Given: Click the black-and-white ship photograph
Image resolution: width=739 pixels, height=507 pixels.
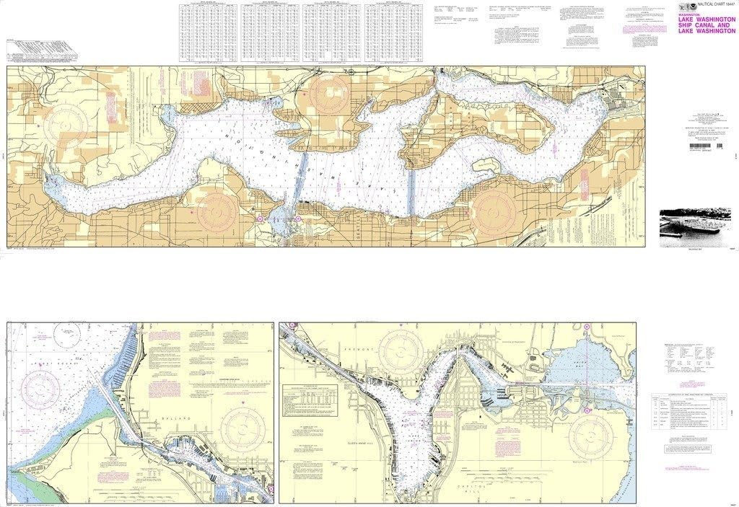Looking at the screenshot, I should click(690, 228).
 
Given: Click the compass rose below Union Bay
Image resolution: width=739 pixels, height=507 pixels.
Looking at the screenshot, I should click(590, 436).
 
